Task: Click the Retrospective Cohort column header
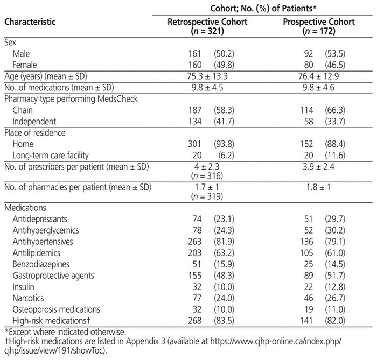pyautogui.click(x=207, y=26)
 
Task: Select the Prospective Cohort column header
pyautogui.click(x=319, y=26)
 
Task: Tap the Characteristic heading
pyautogui.click(x=30, y=22)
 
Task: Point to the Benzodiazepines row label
pyautogui.click(x=41, y=264)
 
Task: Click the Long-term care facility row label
pyautogui.click(x=51, y=156)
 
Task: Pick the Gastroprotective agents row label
pyautogui.click(x=53, y=276)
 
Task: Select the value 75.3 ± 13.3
pyautogui.click(x=207, y=76)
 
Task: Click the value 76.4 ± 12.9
pyautogui.click(x=319, y=76)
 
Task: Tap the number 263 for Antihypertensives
pyautogui.click(x=195, y=242)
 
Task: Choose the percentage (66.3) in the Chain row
pyautogui.click(x=335, y=110)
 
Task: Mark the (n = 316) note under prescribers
pyautogui.click(x=207, y=176)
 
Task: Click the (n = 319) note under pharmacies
pyautogui.click(x=207, y=196)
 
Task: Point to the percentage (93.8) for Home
pyautogui.click(x=224, y=144)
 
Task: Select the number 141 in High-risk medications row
pyautogui.click(x=306, y=321)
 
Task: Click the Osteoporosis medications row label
pyautogui.click(x=56, y=309)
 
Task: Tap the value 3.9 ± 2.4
pyautogui.click(x=319, y=167)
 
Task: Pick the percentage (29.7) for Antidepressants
pyautogui.click(x=335, y=219)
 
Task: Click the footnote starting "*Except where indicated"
pyautogui.click(x=65, y=332)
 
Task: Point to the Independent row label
pyautogui.click(x=34, y=122)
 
